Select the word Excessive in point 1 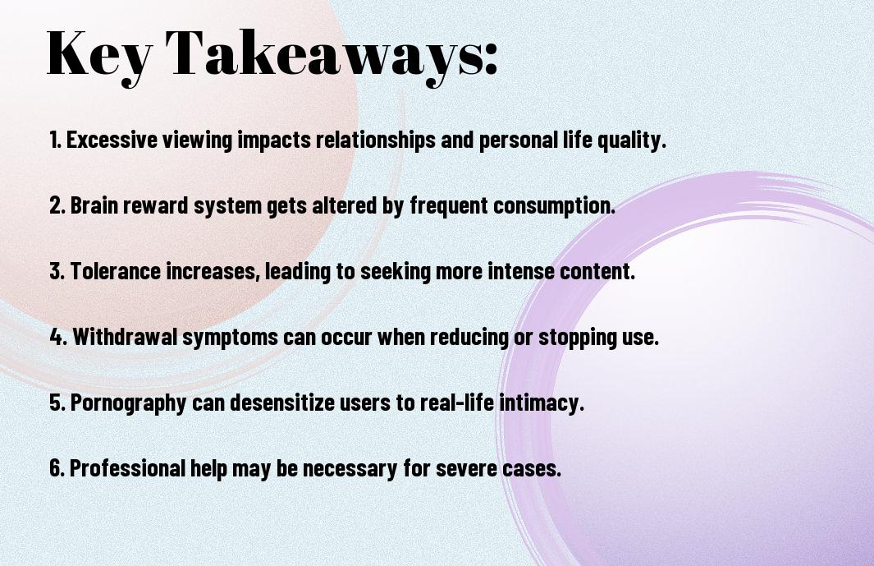(x=112, y=140)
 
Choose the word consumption (x=554, y=206)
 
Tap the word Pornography (x=128, y=403)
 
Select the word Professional (x=127, y=467)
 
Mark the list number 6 (x=57, y=467)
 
